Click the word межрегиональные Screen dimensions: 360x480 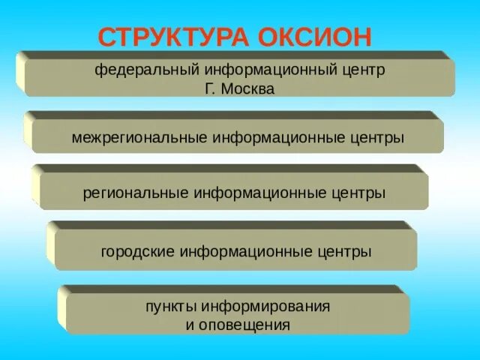click(x=139, y=139)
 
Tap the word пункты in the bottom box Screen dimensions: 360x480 click(x=169, y=307)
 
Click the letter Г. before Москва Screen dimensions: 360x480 click(x=209, y=88)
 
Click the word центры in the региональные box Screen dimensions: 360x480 click(x=358, y=193)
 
